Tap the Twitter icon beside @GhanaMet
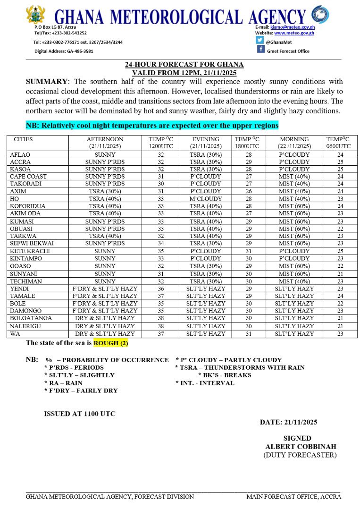click(x=260, y=41)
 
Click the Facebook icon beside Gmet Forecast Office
click(x=260, y=50)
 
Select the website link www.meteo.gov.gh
click(x=294, y=33)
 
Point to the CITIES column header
click(x=24, y=140)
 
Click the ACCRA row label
click(x=20, y=162)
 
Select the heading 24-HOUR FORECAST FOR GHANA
click(x=184, y=64)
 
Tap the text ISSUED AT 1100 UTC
click(x=79, y=414)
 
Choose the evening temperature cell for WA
click(x=247, y=333)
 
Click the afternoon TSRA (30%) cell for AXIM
click(x=105, y=192)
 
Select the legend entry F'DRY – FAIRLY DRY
click(x=81, y=391)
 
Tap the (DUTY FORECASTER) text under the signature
click(x=300, y=455)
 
